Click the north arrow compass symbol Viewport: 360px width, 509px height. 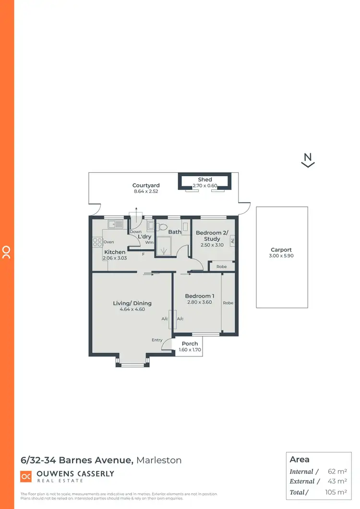click(x=308, y=160)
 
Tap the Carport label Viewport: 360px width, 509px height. click(x=281, y=250)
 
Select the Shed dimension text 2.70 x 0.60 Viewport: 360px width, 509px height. click(x=205, y=186)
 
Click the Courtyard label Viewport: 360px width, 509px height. click(x=146, y=185)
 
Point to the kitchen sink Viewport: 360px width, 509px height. click(x=115, y=224)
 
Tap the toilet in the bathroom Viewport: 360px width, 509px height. click(x=162, y=227)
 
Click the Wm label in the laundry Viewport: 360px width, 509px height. click(x=149, y=242)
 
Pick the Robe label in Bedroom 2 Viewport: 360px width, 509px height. click(x=221, y=267)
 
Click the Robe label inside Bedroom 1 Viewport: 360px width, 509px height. click(x=228, y=303)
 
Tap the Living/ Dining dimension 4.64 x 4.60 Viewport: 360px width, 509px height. click(x=132, y=310)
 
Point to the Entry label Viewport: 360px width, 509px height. click(x=157, y=340)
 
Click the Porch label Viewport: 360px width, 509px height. click(x=190, y=343)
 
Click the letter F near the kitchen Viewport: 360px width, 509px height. click(x=143, y=254)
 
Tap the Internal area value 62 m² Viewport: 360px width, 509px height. click(x=338, y=472)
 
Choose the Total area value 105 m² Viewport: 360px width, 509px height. click(x=336, y=492)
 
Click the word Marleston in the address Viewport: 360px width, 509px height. click(x=159, y=460)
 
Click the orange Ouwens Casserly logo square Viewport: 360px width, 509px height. click(x=26, y=476)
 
